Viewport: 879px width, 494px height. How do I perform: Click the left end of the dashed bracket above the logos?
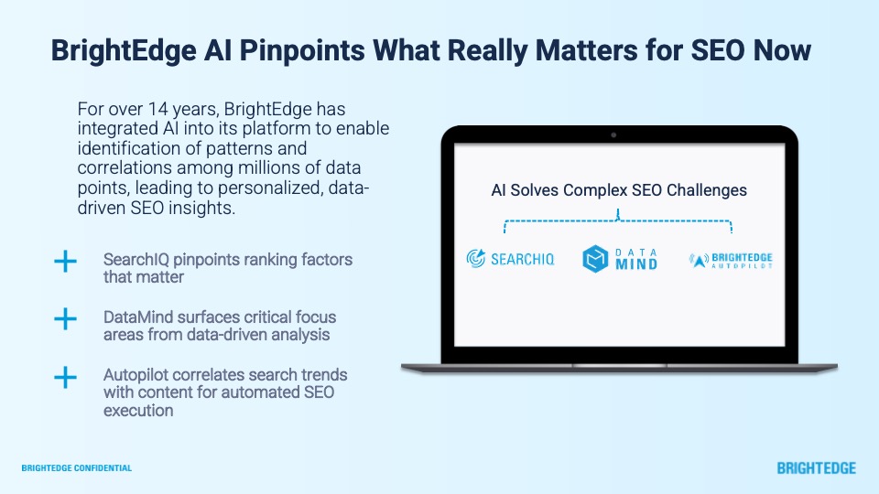[505, 231]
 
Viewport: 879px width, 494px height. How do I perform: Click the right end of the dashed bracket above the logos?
[732, 231]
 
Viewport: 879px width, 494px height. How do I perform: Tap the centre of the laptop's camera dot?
[613, 135]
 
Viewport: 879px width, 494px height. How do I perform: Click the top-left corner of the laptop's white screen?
[454, 144]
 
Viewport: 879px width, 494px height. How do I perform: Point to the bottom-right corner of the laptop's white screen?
[785, 346]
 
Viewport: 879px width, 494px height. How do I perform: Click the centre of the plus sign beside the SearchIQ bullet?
[65, 262]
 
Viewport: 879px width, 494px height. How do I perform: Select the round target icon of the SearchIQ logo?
[476, 258]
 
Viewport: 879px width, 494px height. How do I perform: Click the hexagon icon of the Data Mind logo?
[595, 259]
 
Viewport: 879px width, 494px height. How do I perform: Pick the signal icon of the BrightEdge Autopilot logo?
[698, 261]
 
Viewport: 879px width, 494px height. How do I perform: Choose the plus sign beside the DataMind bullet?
[65, 319]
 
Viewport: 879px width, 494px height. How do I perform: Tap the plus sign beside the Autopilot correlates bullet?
[65, 378]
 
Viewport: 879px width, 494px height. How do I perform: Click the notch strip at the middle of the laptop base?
[620, 366]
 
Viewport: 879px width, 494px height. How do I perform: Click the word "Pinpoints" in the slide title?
[302, 50]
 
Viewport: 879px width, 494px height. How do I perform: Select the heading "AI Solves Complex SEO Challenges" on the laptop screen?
[619, 190]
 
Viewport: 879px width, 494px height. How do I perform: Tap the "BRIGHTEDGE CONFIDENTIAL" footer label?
[77, 467]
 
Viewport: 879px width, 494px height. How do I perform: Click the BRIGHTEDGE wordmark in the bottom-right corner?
[816, 468]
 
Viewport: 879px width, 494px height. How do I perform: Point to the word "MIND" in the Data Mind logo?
[636, 263]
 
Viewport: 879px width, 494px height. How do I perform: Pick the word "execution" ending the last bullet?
[138, 411]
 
